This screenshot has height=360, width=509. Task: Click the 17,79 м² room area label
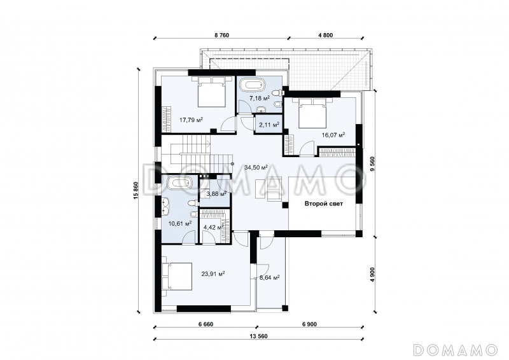(192, 120)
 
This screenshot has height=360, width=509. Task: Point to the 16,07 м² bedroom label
(333, 135)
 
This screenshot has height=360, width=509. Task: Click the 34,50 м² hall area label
(256, 167)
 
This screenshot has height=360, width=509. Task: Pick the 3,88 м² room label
(216, 194)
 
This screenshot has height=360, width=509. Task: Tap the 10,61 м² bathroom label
(180, 223)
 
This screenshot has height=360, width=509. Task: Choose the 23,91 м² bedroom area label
(213, 273)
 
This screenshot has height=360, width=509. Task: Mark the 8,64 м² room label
(269, 277)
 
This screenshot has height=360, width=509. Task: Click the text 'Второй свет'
(324, 204)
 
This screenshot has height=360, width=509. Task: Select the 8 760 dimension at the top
(221, 35)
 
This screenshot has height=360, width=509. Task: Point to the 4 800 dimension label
(326, 35)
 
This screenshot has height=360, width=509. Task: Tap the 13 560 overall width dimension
(258, 336)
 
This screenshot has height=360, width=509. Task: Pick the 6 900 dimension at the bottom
(309, 324)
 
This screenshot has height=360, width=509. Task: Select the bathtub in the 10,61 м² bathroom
(179, 183)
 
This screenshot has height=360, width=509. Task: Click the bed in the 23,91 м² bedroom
(177, 277)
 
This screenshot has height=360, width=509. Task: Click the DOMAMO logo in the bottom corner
(456, 349)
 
